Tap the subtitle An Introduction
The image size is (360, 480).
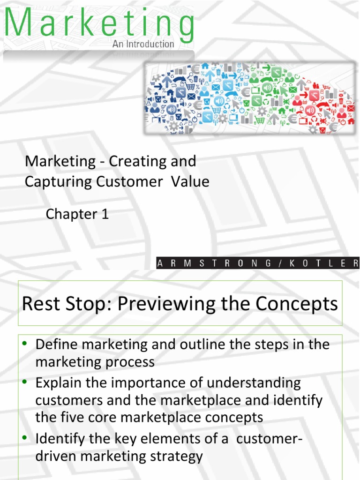pos(143,44)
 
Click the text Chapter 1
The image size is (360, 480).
pos(77,214)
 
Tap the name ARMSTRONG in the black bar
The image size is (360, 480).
pos(214,263)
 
